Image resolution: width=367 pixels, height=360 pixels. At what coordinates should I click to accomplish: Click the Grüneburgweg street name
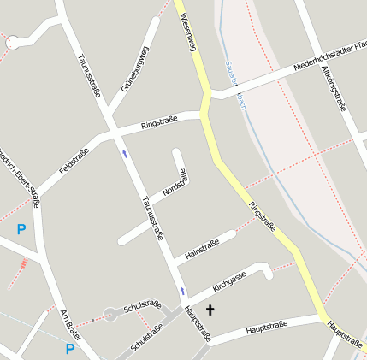(x=135, y=69)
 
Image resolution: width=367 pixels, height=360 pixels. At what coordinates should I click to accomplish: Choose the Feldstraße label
(x=74, y=162)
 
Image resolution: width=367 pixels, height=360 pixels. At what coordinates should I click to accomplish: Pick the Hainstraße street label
(x=203, y=247)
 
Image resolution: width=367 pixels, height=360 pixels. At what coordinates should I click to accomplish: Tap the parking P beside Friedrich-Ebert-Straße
(x=21, y=229)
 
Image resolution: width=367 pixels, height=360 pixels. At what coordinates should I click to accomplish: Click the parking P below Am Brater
(x=70, y=348)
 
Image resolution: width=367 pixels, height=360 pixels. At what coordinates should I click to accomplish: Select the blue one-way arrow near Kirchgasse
(x=182, y=292)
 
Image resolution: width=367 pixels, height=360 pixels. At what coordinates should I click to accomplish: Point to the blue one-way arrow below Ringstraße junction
(x=125, y=153)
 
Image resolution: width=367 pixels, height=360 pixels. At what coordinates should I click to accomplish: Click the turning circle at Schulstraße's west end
(x=110, y=315)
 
